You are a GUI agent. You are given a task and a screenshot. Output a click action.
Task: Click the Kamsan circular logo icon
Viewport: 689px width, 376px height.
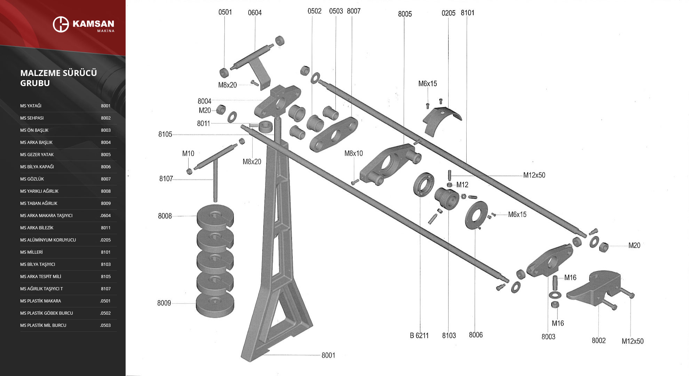[x=61, y=24]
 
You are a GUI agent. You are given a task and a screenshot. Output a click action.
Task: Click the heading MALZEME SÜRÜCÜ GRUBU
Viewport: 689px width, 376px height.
[x=58, y=78]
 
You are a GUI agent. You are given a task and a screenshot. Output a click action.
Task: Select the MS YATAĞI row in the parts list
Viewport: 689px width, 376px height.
[x=31, y=106]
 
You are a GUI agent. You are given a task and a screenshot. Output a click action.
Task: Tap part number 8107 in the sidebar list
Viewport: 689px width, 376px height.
[x=106, y=289]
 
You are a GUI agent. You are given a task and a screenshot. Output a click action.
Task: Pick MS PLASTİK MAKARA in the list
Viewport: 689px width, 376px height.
[x=40, y=301]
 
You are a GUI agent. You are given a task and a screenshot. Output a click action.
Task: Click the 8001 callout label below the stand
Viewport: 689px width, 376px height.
[x=328, y=355]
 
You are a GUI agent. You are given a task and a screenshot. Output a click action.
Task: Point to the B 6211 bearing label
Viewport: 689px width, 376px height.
[x=419, y=336]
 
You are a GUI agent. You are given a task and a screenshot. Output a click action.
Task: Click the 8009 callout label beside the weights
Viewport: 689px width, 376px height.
[x=164, y=303]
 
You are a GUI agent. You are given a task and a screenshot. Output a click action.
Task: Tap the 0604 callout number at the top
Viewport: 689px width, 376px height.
[x=255, y=13]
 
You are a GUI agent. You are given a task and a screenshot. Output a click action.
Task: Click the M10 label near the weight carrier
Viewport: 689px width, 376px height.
[x=188, y=153]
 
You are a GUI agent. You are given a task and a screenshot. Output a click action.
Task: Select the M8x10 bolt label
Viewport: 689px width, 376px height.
[x=353, y=153]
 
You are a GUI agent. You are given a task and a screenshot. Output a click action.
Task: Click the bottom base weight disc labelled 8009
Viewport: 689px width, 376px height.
[x=215, y=305]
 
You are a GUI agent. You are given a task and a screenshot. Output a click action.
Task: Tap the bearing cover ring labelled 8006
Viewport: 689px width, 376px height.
[x=476, y=215]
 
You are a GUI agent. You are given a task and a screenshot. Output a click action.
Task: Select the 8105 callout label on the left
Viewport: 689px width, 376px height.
[x=165, y=134]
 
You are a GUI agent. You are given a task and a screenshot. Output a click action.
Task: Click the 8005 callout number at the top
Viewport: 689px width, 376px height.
[x=405, y=14]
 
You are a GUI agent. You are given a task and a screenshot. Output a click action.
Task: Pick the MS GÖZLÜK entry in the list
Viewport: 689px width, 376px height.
[x=32, y=179]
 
